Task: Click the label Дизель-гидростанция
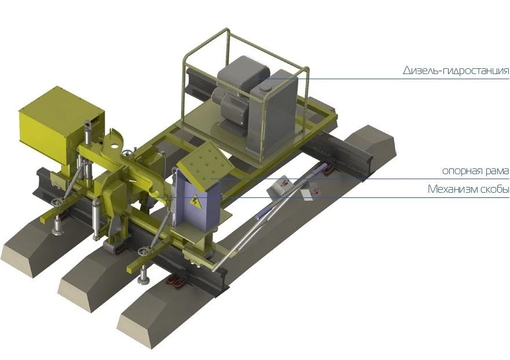[456, 71]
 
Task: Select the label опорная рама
[475, 171]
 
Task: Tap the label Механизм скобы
[468, 189]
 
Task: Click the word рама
[496, 171]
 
